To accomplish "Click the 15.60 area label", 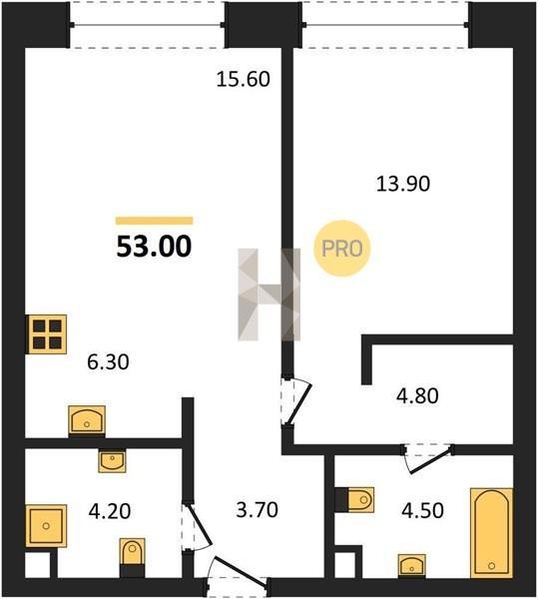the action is [244, 79].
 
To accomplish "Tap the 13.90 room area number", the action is [403, 184].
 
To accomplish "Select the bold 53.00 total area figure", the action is [154, 247].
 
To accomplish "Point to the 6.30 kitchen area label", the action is [108, 362].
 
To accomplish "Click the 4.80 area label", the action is [417, 395].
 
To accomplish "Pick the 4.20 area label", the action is [110, 511].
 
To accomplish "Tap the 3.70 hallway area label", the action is [257, 510].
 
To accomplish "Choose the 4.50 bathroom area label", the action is [422, 510].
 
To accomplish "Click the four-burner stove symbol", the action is [47, 334].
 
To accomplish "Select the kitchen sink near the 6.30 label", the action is [87, 420].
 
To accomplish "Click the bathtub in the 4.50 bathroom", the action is [491, 533].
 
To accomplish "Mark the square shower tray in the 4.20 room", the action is [46, 526].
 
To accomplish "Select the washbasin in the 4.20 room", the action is [112, 460].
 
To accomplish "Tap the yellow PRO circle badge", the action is [342, 249].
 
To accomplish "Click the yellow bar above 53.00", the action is [155, 221].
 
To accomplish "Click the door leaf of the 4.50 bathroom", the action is [431, 460].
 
